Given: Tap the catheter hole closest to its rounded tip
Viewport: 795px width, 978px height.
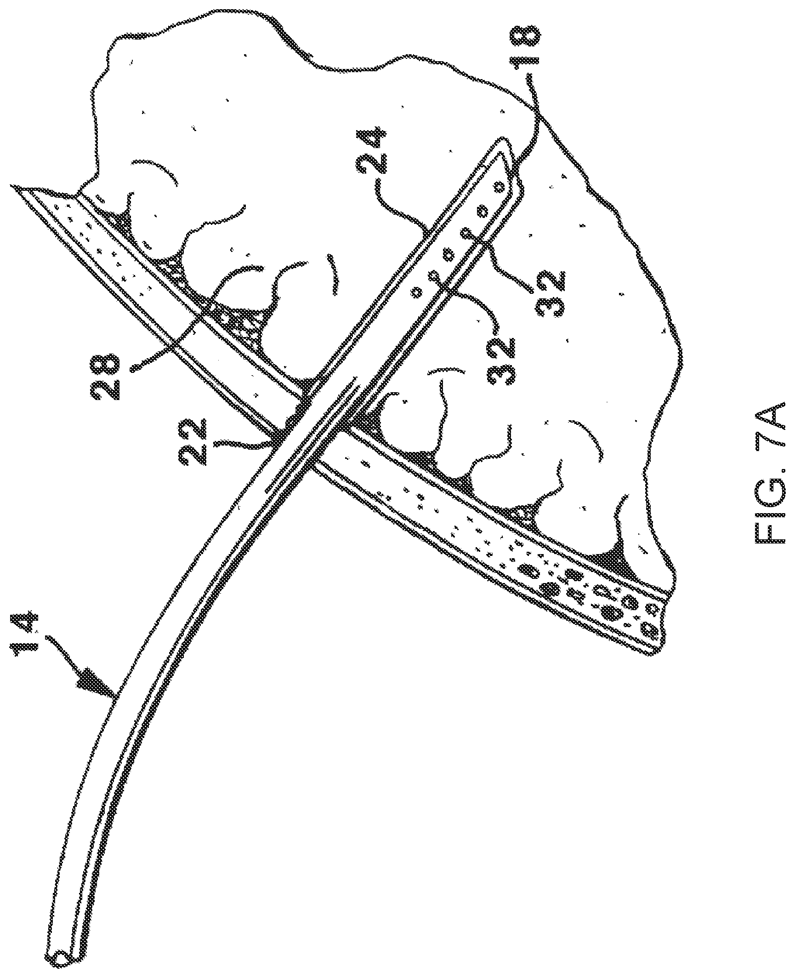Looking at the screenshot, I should (499, 187).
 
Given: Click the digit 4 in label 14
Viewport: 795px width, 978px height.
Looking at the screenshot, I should (27, 623).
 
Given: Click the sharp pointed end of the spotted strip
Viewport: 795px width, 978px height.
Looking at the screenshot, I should (14, 186).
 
